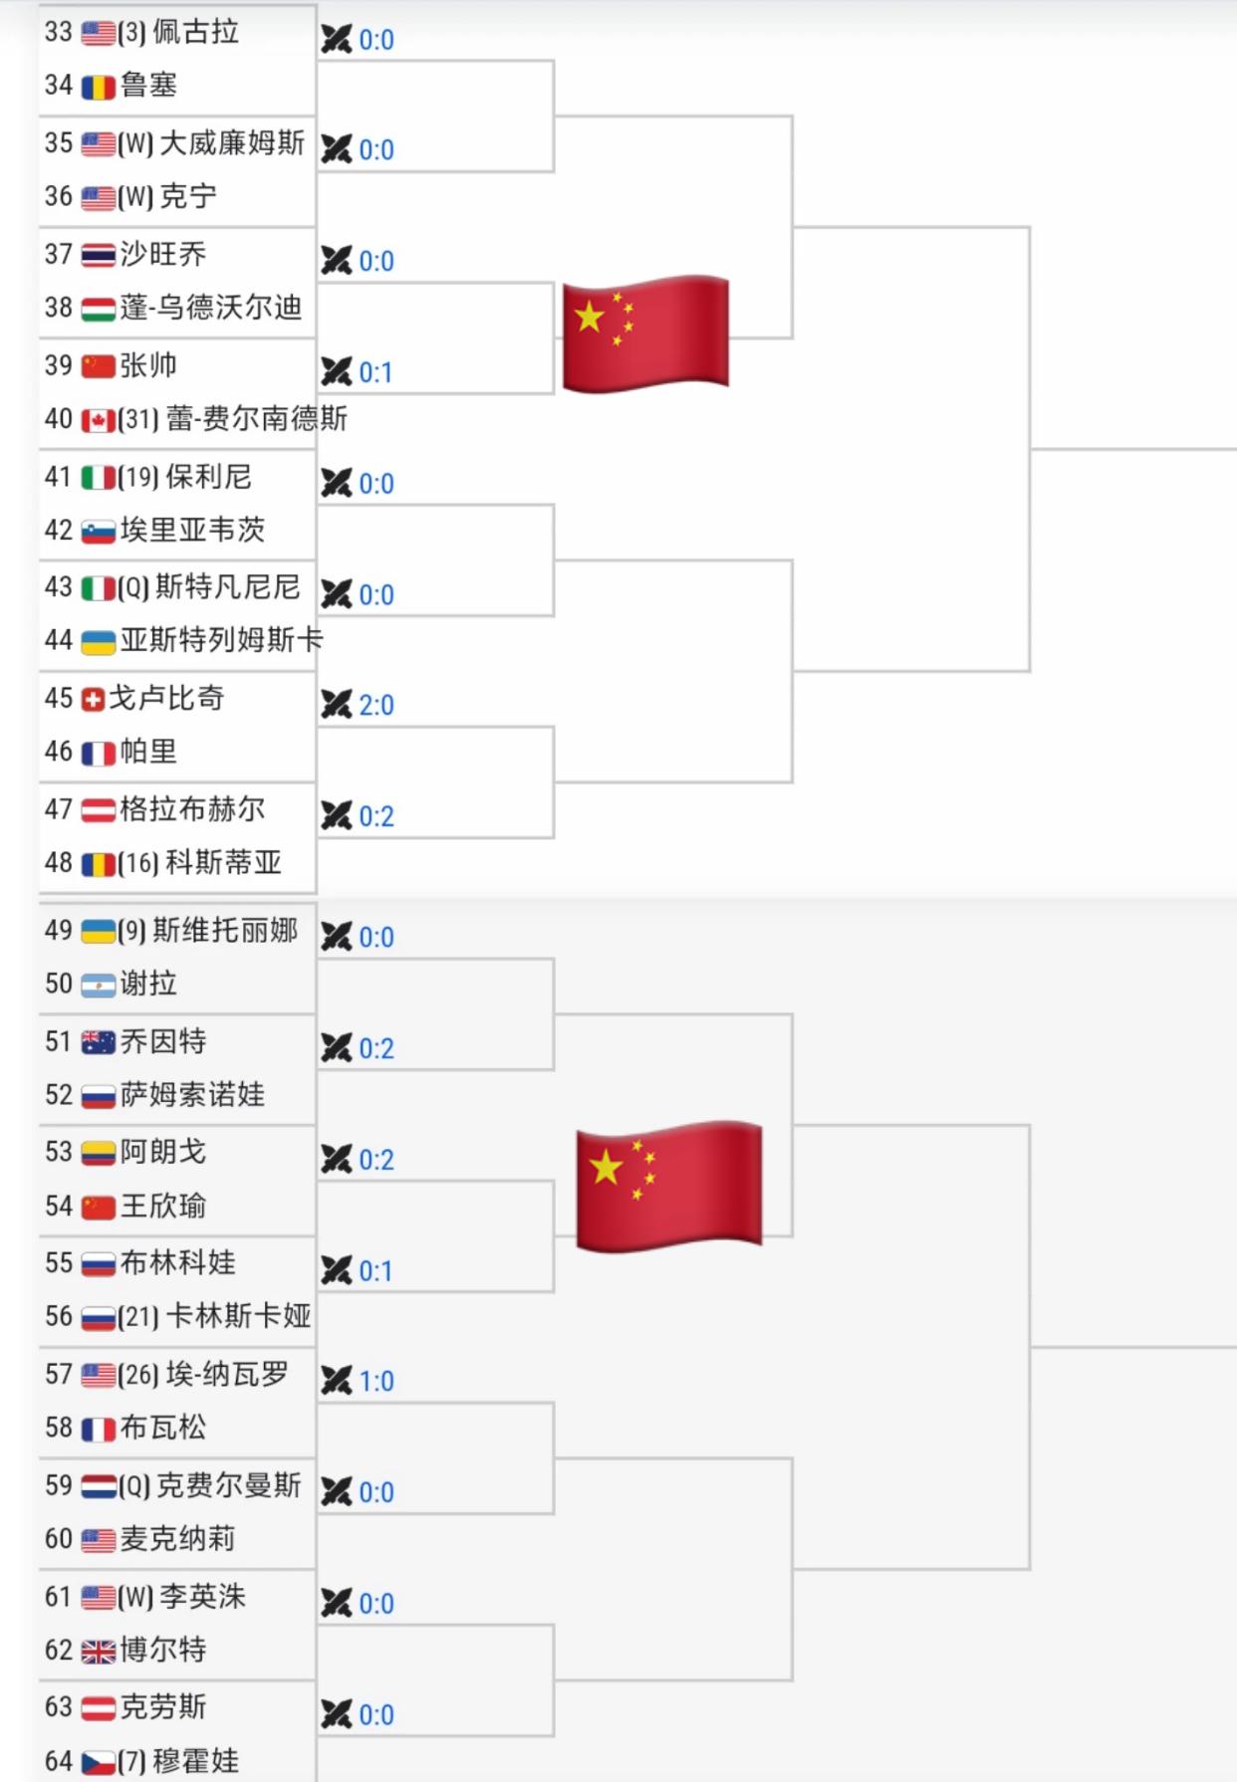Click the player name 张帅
147,365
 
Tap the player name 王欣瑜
162,1207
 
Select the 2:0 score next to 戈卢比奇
376,706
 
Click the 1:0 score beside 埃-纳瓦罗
376,1382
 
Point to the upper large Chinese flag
645,333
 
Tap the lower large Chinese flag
669,1186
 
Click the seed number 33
58,33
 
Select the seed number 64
58,1761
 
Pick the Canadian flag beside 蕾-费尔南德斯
98,421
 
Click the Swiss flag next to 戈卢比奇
93,700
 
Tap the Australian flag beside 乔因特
98,1043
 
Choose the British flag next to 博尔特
98,1653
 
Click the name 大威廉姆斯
232,143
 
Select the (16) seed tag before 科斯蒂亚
138,863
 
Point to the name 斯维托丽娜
225,931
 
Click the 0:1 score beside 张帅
376,373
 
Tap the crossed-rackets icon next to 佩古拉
337,40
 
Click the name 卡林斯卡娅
239,1316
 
